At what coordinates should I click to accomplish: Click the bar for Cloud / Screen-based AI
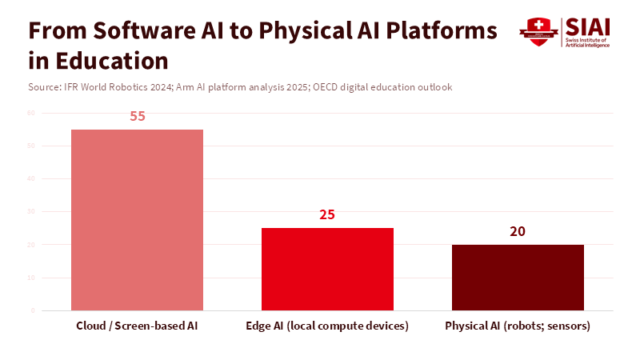(137, 220)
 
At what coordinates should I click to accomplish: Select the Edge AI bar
(327, 269)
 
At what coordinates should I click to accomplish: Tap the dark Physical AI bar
(518, 277)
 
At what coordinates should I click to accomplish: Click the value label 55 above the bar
(137, 116)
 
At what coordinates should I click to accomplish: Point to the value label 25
(327, 214)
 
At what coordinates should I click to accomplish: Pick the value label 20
(518, 231)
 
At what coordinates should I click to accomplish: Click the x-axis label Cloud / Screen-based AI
(137, 326)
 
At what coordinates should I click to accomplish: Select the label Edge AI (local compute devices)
(327, 326)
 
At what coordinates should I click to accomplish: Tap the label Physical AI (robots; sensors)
(518, 326)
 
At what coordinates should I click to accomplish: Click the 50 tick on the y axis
(31, 146)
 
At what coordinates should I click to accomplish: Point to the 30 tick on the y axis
(31, 211)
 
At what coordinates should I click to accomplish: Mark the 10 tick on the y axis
(31, 278)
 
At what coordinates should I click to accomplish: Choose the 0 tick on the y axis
(33, 310)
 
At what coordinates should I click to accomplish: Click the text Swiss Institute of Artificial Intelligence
(587, 42)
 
